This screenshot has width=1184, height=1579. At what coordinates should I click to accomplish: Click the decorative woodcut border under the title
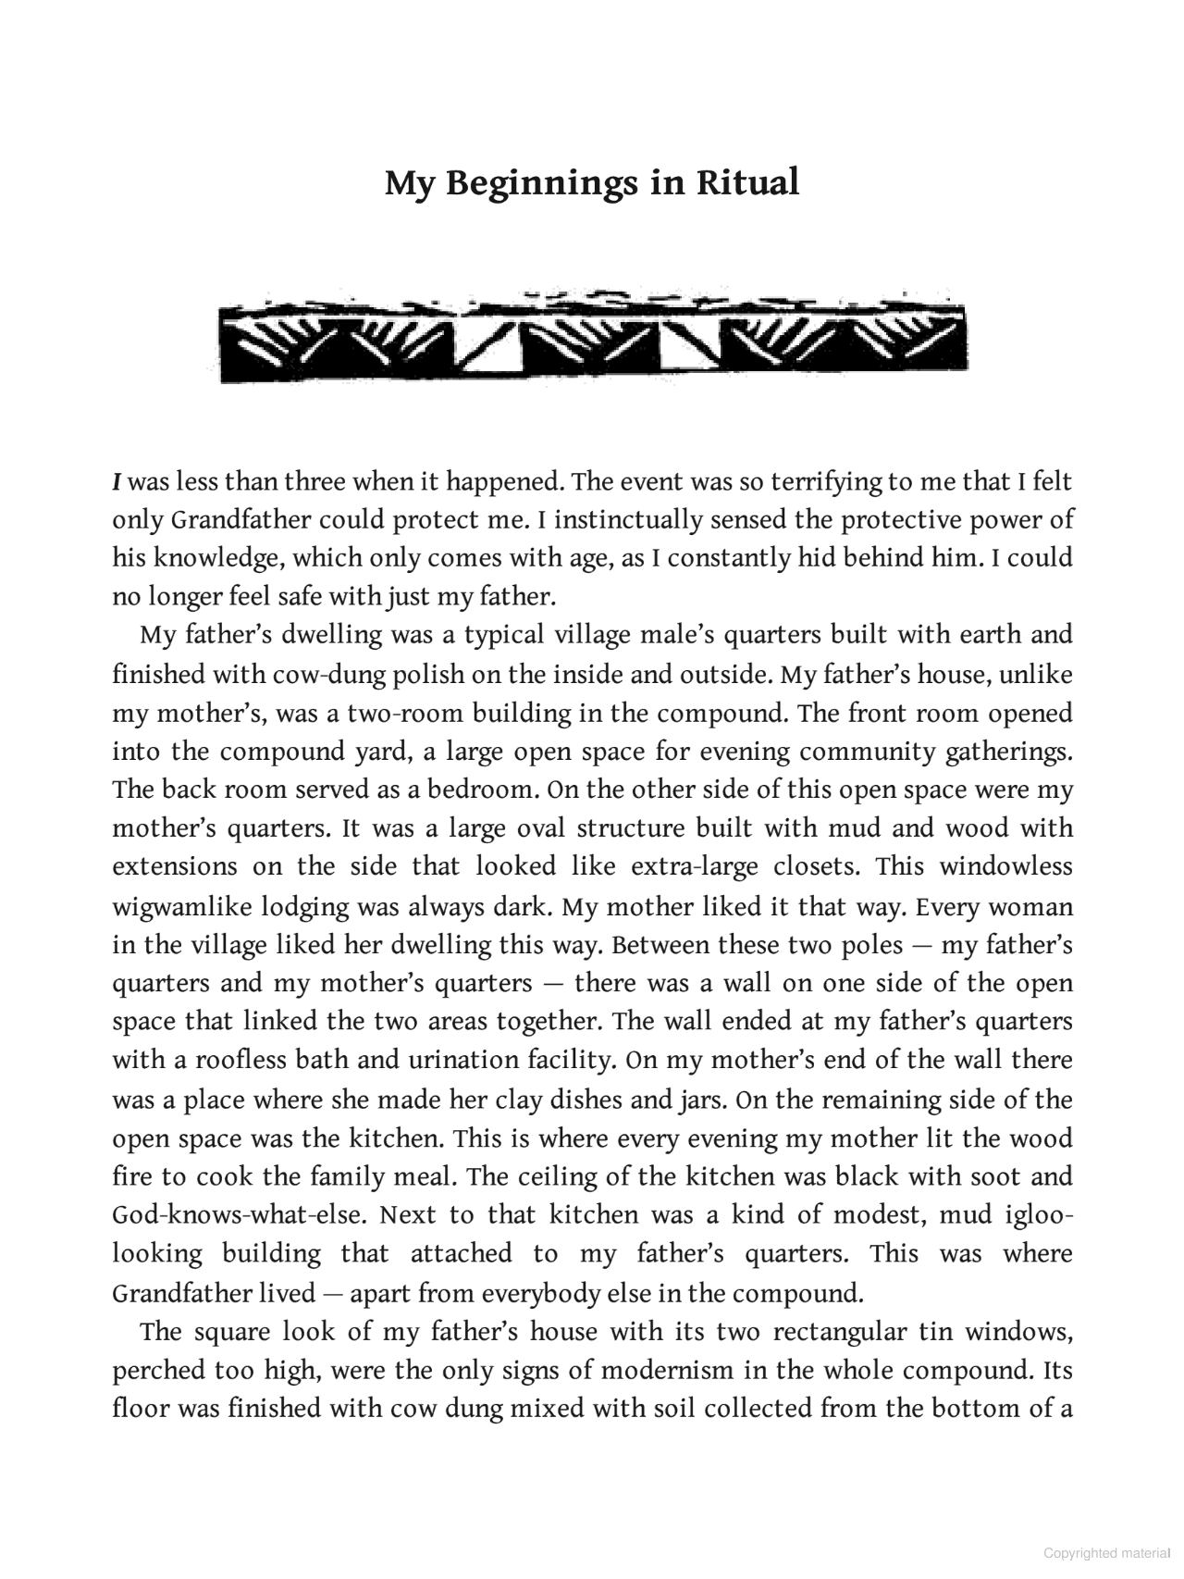(x=592, y=338)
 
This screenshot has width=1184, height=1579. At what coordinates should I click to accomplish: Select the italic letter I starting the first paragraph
(x=117, y=482)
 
